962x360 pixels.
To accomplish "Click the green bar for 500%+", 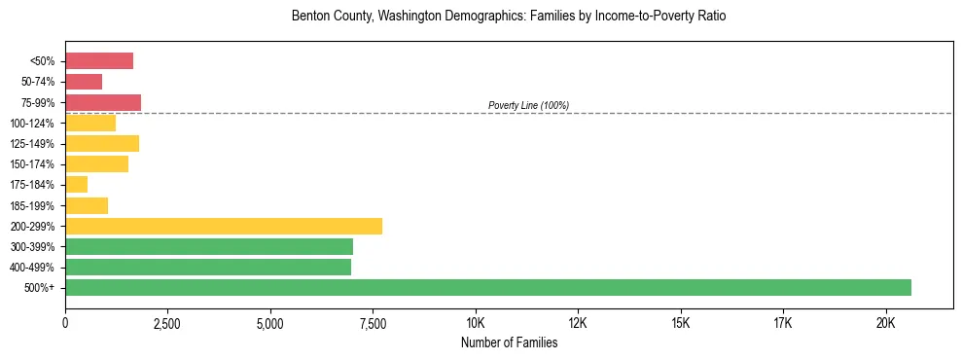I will (x=487, y=288).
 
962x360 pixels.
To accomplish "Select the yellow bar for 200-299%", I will (x=224, y=226).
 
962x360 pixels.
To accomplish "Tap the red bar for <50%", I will (x=99, y=61).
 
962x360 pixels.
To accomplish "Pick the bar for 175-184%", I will (x=76, y=185).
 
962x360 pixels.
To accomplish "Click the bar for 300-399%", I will (x=209, y=247).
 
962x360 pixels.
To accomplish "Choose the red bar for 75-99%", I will (x=103, y=102).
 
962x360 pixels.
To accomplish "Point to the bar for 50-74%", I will (x=84, y=82).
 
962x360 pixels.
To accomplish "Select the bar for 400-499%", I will (x=208, y=268).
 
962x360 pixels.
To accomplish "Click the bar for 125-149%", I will (x=102, y=144).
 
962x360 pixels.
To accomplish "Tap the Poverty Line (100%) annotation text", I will (x=528, y=105).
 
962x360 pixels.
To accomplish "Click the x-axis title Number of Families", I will (x=509, y=342).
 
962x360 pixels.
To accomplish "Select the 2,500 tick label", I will (x=167, y=323).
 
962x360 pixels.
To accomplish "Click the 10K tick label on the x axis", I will (x=476, y=323).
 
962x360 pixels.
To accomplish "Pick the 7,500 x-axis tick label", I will (x=373, y=323).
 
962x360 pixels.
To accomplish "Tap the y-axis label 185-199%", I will (x=34, y=205).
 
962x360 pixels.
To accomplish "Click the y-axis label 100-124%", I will (x=34, y=124).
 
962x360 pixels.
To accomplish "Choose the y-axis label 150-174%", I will (x=34, y=164).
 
